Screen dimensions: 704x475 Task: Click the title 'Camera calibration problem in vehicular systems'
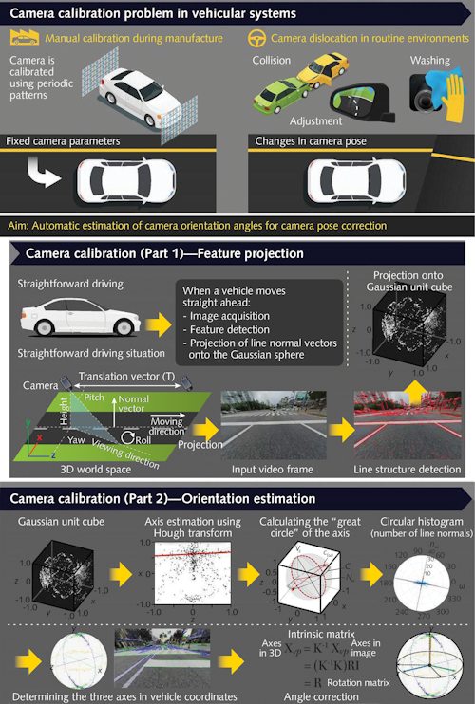click(x=152, y=14)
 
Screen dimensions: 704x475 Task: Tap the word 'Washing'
click(x=430, y=60)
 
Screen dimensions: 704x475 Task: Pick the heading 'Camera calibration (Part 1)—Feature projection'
click(x=163, y=253)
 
